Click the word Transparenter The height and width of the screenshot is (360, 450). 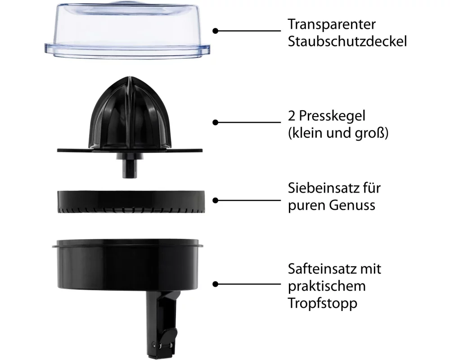pyautogui.click(x=332, y=24)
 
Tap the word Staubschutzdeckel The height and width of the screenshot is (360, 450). pyautogui.click(x=347, y=41)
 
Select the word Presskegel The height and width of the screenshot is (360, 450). pyautogui.click(x=332, y=116)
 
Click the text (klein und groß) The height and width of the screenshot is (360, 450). pyautogui.click(x=338, y=133)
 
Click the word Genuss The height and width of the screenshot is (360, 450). pyautogui.click(x=352, y=205)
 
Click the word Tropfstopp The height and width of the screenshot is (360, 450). pyautogui.click(x=323, y=304)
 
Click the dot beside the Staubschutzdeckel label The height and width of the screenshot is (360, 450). pyautogui.click(x=216, y=31)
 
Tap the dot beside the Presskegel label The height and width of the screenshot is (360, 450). pyautogui.click(x=216, y=122)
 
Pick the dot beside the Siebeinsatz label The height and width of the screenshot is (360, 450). pyautogui.click(x=216, y=200)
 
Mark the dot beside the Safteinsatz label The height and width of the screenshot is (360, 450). pyautogui.click(x=216, y=284)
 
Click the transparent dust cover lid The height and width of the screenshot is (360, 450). pyautogui.click(x=127, y=29)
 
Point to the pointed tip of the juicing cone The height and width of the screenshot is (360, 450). pyautogui.click(x=130, y=77)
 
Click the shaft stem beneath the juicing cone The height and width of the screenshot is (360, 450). pyautogui.click(x=130, y=166)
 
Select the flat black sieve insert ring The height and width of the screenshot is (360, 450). pyautogui.click(x=131, y=202)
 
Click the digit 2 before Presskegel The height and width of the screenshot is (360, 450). pyautogui.click(x=291, y=116)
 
